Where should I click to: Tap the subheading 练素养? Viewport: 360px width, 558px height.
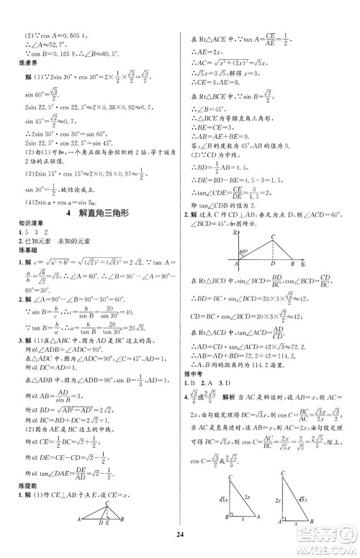(19, 71)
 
